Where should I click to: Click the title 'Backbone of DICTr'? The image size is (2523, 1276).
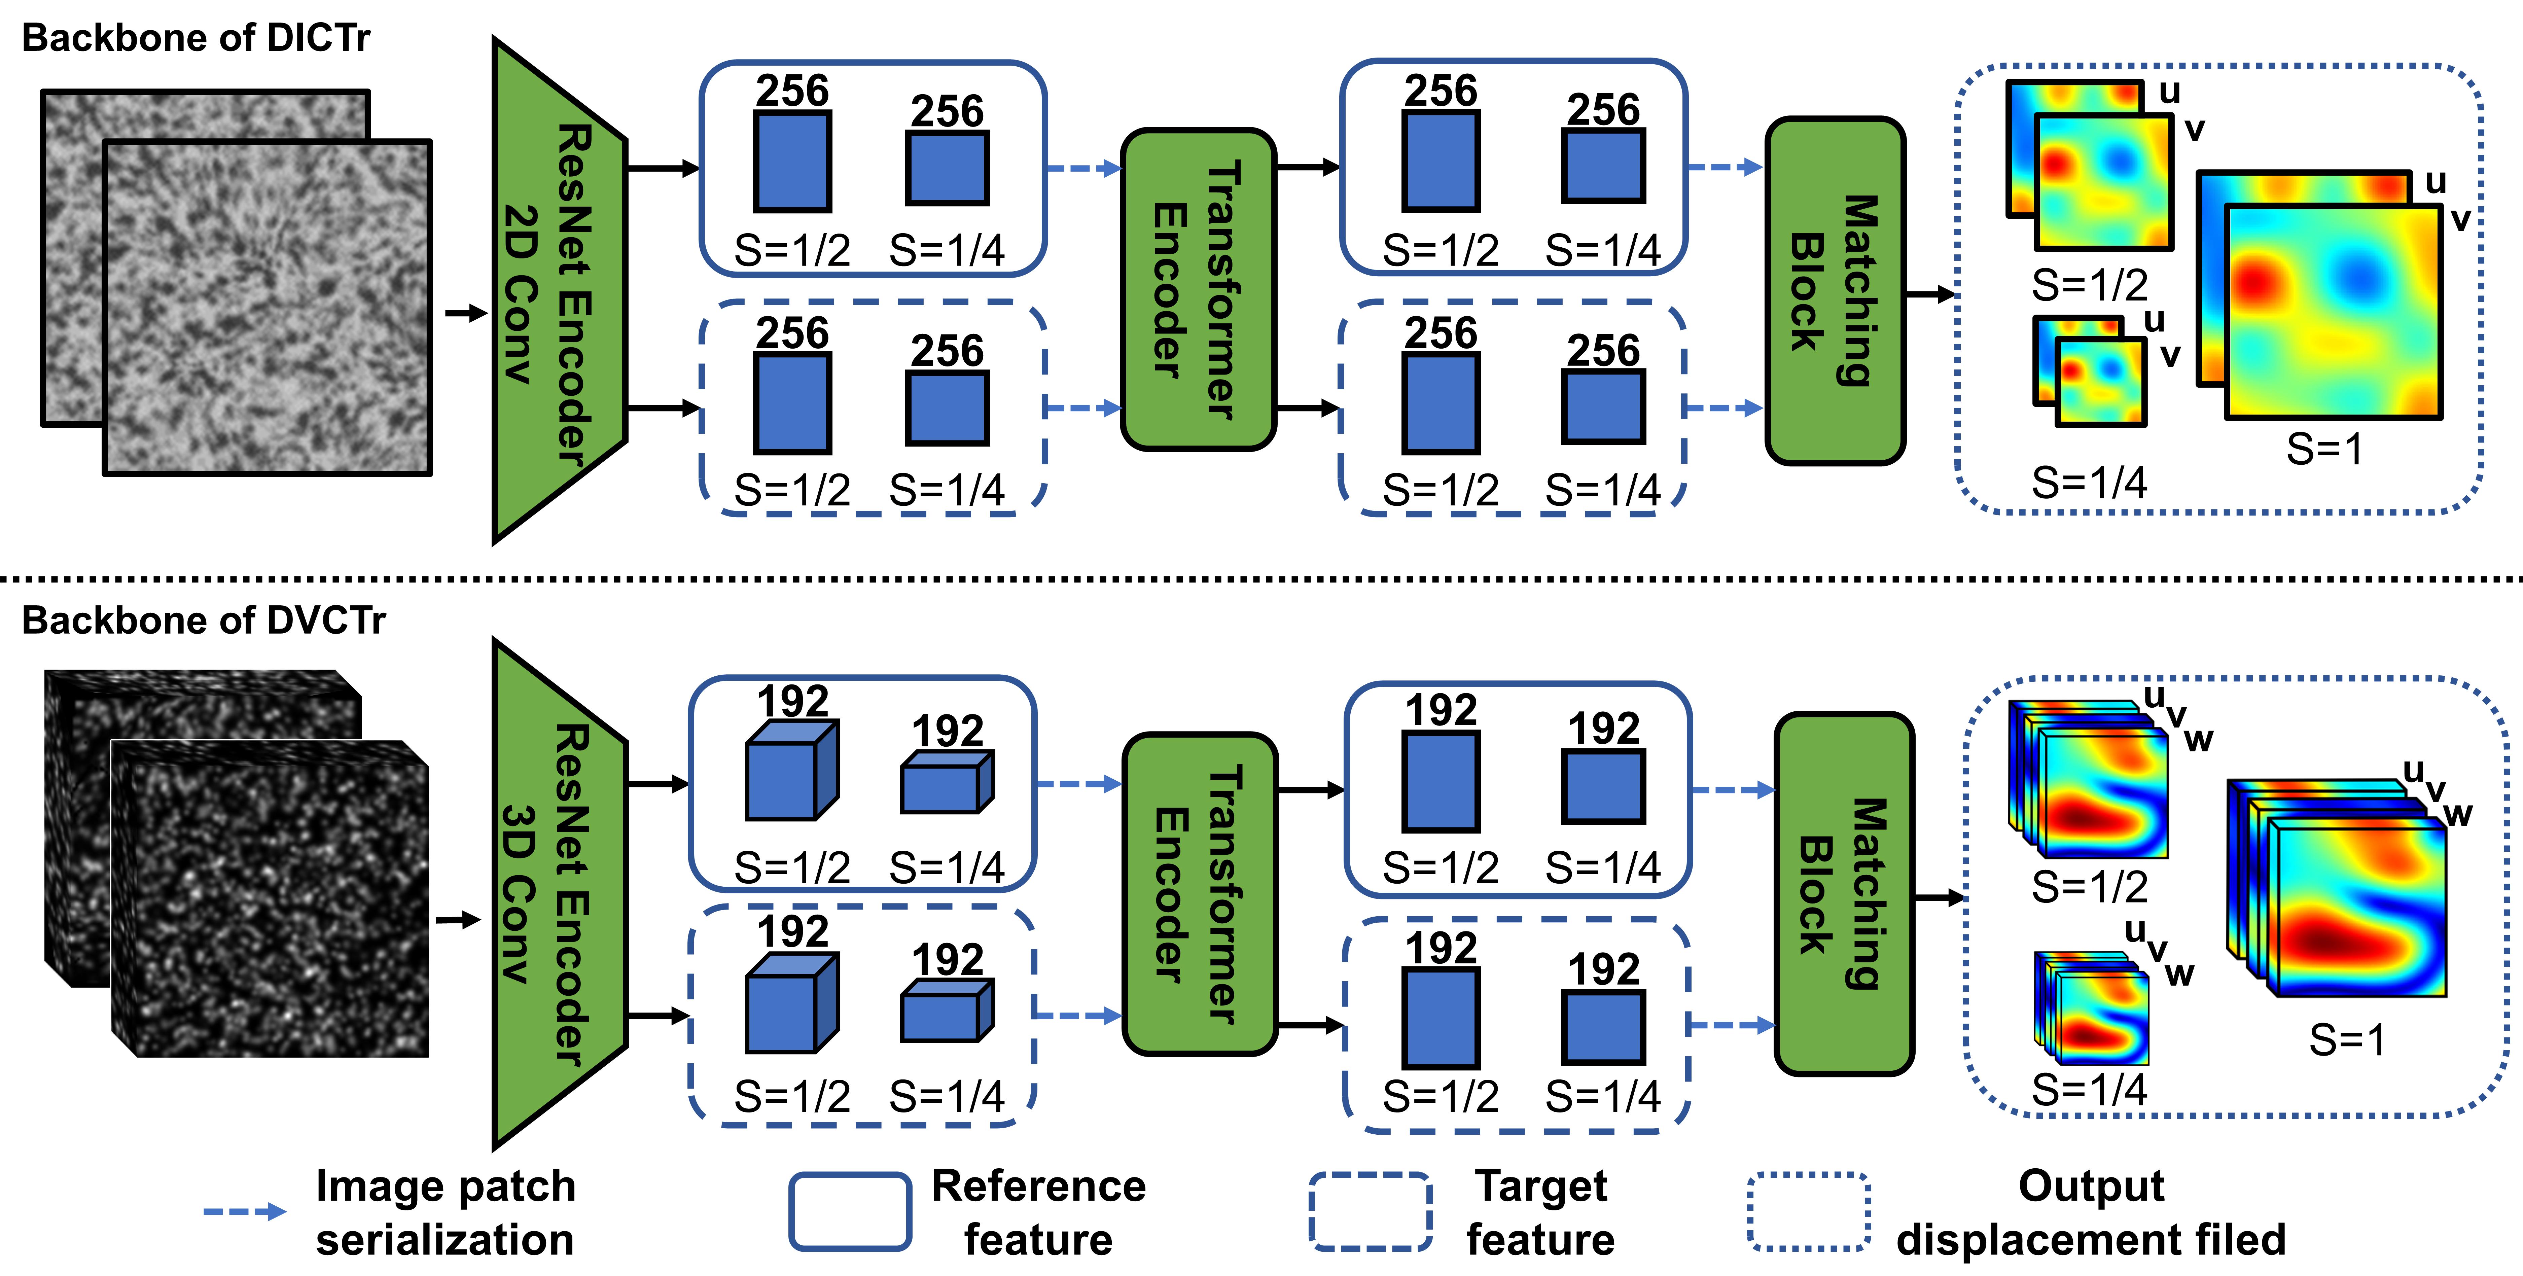(x=196, y=38)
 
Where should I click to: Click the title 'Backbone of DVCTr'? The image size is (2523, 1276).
(x=204, y=620)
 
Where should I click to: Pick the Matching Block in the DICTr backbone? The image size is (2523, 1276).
(x=1835, y=291)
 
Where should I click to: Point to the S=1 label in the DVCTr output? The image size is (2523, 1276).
(x=2347, y=1040)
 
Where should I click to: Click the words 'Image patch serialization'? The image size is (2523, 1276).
(x=446, y=1212)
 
